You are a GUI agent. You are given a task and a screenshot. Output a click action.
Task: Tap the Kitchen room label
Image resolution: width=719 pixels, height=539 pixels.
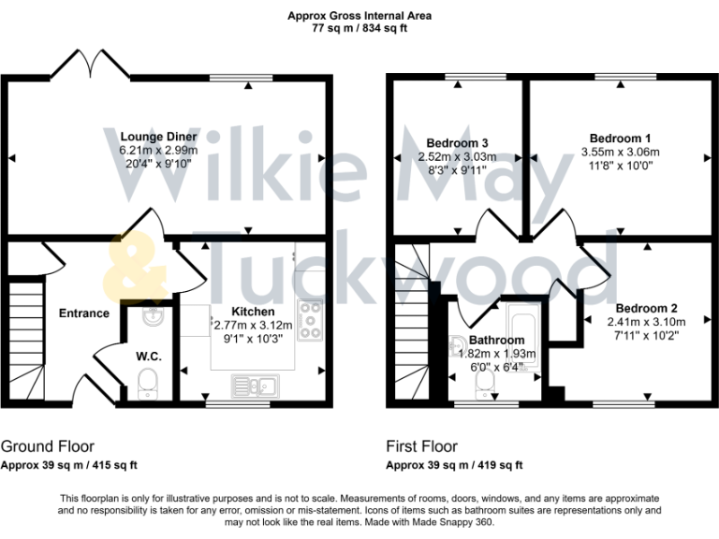254,312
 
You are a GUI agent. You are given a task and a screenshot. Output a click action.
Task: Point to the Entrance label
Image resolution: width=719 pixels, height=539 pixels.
83,313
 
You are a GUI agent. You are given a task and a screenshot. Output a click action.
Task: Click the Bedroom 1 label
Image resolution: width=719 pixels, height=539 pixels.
621,138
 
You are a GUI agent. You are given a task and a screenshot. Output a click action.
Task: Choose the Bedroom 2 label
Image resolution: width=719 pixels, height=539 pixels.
647,308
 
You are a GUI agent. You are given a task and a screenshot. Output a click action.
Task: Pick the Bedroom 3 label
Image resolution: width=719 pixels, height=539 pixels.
458,143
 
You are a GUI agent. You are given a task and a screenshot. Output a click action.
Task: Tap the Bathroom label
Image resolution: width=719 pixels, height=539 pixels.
497,340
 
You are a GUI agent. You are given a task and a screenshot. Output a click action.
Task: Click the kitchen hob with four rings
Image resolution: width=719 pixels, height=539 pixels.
309,321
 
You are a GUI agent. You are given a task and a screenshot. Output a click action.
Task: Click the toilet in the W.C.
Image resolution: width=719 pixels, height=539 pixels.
146,381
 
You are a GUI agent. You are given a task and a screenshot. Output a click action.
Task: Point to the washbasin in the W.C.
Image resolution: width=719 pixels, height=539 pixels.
148,319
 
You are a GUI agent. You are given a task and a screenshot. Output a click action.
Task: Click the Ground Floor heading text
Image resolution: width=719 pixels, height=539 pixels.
47,446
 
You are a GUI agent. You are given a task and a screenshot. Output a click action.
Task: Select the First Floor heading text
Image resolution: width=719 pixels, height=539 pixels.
423,446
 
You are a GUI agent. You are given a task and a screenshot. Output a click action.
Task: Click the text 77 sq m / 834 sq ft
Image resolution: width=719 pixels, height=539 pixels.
359,29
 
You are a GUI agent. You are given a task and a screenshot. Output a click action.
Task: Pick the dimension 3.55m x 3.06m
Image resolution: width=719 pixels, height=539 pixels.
621,152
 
